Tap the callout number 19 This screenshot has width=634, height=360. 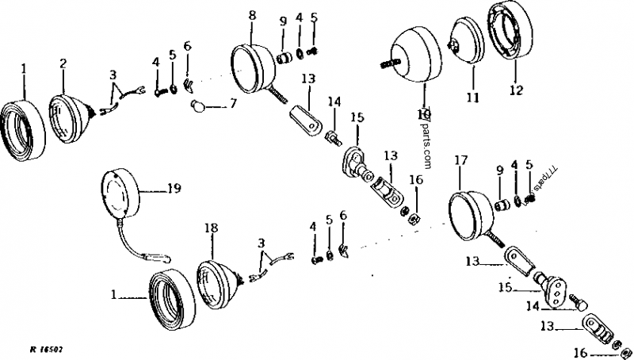(174, 189)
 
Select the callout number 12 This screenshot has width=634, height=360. (516, 90)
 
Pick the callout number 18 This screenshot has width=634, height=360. (211, 228)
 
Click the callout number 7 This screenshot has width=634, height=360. (231, 103)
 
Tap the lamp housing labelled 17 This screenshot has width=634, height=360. (468, 209)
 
